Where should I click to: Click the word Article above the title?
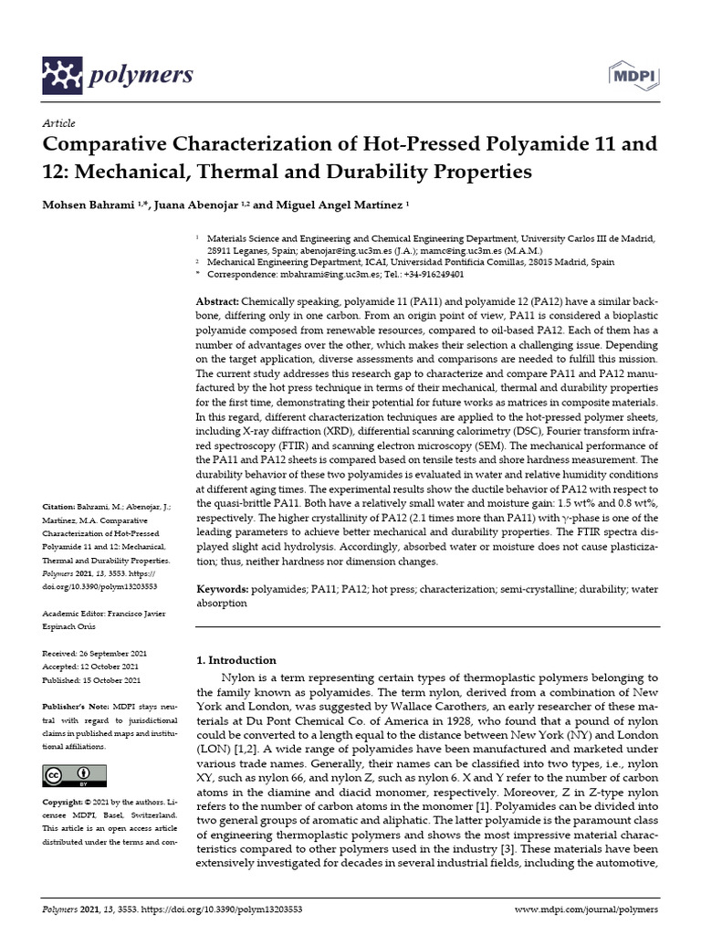[x=58, y=123]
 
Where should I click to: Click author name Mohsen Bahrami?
[x=89, y=205]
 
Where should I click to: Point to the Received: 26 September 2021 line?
[x=91, y=655]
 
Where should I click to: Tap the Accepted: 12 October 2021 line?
[x=89, y=667]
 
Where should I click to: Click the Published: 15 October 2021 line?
[x=91, y=680]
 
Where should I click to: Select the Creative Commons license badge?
[x=69, y=776]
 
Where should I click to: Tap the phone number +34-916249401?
[x=431, y=273]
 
